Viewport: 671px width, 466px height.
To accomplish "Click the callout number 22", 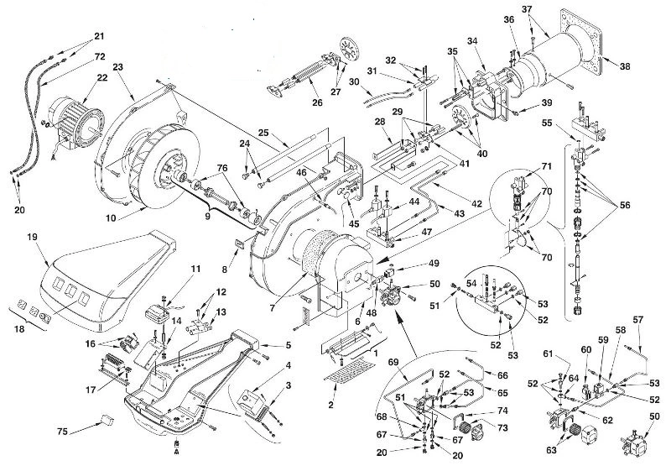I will [x=102, y=78].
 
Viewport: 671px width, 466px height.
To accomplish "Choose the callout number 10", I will [x=111, y=218].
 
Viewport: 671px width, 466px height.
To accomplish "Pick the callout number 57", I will [x=638, y=320].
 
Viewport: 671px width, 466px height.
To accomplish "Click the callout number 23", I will [x=118, y=66].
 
